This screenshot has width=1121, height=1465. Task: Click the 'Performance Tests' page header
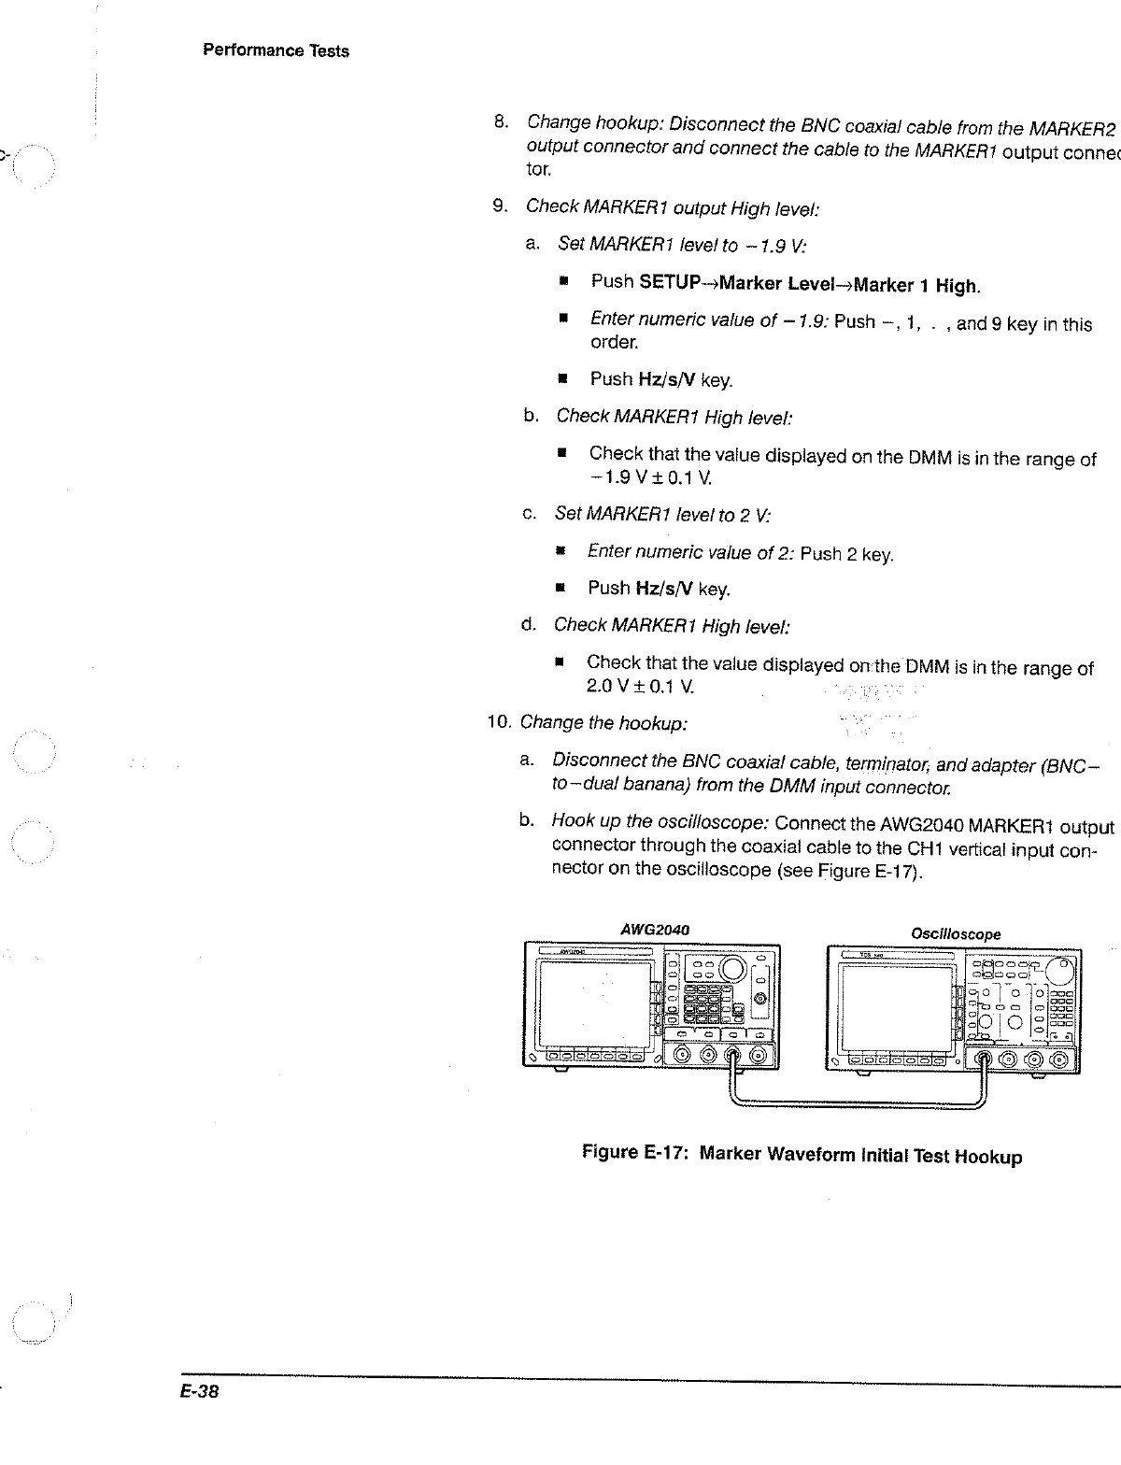(276, 50)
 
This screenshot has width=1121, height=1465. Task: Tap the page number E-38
(200, 1391)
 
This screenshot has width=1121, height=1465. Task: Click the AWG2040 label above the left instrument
(655, 931)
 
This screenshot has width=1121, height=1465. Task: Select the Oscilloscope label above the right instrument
(956, 933)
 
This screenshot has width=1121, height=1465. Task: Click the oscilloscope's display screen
(894, 1007)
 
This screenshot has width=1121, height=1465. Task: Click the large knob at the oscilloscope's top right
(1062, 971)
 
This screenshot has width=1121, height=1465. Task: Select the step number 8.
(501, 121)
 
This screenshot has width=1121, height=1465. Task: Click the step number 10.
(499, 721)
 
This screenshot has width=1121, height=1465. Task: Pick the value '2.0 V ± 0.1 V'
(640, 687)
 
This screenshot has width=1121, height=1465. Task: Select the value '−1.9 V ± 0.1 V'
(645, 478)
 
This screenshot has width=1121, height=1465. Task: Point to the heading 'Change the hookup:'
(604, 722)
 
